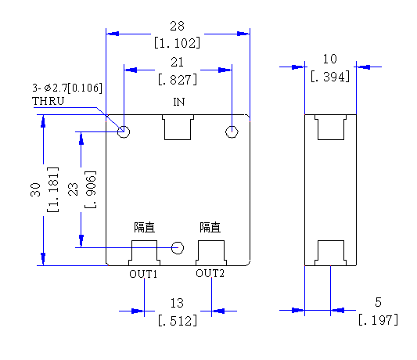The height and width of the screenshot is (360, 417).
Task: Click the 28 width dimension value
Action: [177, 26]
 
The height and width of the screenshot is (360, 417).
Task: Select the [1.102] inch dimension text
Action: [177, 43]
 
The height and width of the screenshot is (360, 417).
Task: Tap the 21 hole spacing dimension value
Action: [177, 63]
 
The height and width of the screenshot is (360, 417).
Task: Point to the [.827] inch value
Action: [178, 80]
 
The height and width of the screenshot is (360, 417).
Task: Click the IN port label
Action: [178, 102]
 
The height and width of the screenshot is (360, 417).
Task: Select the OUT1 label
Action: [143, 274]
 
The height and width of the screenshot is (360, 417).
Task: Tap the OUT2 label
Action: [210, 273]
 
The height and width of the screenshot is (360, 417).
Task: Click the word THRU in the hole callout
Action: [49, 101]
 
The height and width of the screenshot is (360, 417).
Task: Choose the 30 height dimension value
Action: [36, 189]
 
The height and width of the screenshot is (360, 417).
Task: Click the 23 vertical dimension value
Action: [73, 189]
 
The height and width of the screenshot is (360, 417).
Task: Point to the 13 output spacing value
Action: [177, 303]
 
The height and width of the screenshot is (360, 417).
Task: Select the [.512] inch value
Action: [178, 321]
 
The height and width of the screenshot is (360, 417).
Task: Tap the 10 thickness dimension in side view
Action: [330, 59]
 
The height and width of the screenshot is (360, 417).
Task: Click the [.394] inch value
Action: [330, 77]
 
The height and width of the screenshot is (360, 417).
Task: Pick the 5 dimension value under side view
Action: [378, 302]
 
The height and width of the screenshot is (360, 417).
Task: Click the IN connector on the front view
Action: [178, 128]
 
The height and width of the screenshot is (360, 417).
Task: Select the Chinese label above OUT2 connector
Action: [210, 228]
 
